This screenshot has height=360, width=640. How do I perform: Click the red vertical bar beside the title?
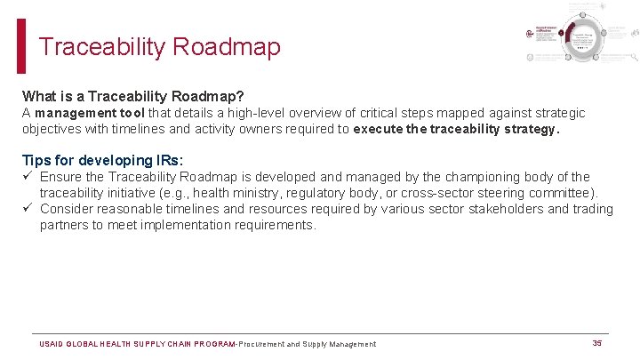tap(21, 46)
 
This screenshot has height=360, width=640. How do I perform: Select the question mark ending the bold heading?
tap(241, 95)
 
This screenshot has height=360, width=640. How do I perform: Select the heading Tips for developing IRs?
tap(102, 161)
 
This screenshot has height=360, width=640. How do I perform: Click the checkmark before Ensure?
tap(28, 177)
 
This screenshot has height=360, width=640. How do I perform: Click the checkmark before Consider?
tap(28, 209)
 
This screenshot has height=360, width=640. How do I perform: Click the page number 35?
tap(597, 343)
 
